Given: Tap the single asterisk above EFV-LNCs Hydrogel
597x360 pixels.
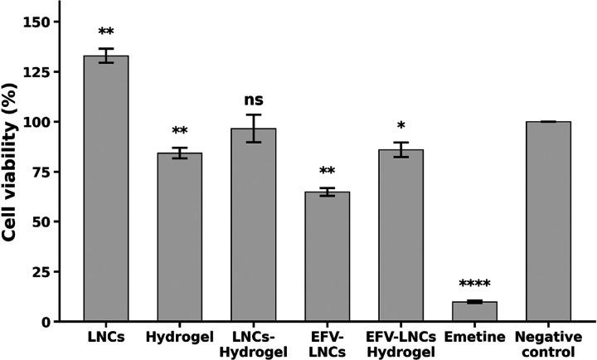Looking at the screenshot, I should click(x=400, y=126).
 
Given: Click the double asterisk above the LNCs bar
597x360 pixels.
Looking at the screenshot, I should click(x=105, y=33).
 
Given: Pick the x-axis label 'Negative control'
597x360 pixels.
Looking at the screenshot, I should click(x=548, y=343).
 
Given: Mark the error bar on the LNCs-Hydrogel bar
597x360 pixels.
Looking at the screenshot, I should click(x=253, y=129).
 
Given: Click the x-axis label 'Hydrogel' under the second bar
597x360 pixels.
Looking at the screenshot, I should click(x=179, y=338).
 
